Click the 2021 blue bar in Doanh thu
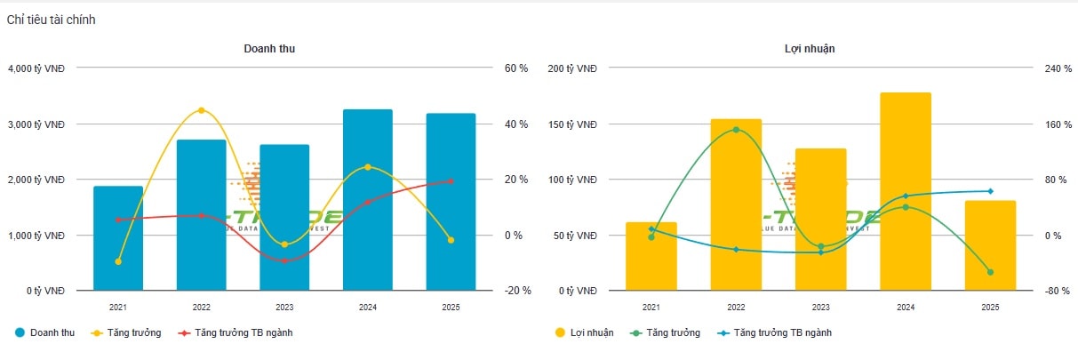118,238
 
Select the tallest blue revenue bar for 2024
368,200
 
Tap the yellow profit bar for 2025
990,245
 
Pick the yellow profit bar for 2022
736,204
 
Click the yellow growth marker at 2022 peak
201,110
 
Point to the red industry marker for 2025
451,181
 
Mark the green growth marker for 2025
990,272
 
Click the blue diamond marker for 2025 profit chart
990,191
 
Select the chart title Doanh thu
269,49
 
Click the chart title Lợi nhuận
803,49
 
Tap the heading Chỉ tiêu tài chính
52,20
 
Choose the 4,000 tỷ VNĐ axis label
36,68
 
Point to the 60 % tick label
516,68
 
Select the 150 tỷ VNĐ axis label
573,124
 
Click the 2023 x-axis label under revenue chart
284,307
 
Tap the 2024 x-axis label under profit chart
906,307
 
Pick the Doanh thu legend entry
45,332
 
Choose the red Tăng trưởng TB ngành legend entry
236,332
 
